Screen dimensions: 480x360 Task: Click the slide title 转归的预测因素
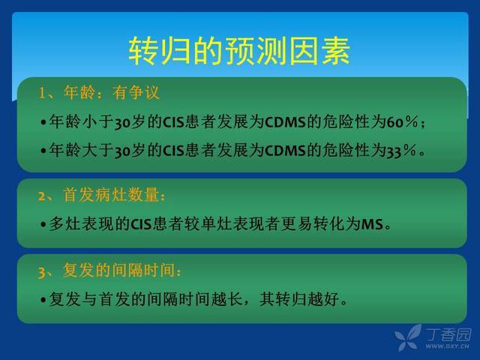click(239, 51)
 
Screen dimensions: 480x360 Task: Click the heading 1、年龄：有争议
click(99, 92)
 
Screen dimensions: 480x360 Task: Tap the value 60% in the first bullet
click(402, 121)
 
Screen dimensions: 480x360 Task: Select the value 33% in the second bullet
click(401, 151)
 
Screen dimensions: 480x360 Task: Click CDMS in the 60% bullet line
click(285, 122)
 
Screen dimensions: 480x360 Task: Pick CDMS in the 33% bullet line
click(285, 151)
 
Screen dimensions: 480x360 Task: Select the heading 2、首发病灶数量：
click(102, 195)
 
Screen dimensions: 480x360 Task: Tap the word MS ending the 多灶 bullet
click(373, 224)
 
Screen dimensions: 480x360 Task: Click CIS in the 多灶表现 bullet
click(141, 224)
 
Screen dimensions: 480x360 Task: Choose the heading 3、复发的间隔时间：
click(110, 270)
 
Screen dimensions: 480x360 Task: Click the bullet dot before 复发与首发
click(43, 300)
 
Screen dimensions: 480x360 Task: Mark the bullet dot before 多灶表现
click(43, 225)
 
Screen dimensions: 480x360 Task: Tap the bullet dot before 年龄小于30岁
click(43, 122)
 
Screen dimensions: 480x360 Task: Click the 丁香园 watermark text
click(448, 334)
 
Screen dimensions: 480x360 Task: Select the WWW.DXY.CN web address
click(447, 346)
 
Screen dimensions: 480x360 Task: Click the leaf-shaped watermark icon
click(408, 337)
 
